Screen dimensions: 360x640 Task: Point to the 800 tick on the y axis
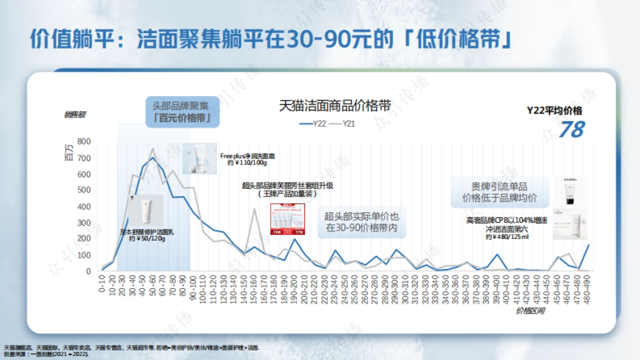pos(84,141)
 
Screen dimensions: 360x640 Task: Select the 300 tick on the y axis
pos(84,222)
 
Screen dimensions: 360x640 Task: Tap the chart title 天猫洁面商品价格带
pos(335,106)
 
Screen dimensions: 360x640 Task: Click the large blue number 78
pos(571,129)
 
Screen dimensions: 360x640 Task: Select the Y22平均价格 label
pos(555,110)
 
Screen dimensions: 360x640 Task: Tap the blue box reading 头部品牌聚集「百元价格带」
pos(182,112)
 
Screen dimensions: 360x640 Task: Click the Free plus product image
pos(199,158)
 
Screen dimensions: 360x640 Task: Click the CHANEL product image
pos(570,191)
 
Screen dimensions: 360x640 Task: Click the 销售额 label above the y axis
pos(75,114)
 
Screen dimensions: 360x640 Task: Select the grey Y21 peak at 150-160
pos(255,209)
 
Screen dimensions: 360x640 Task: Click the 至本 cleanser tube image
pos(145,210)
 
